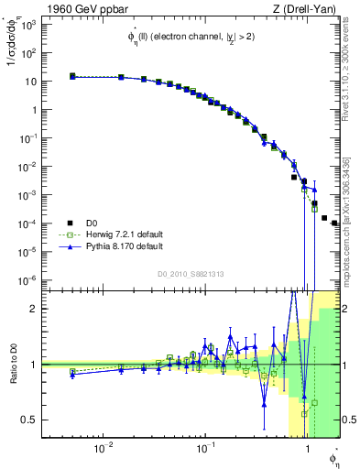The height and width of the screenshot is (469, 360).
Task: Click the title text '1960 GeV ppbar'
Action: [x=79, y=9]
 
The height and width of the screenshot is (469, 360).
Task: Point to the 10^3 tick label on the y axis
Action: [x=30, y=25]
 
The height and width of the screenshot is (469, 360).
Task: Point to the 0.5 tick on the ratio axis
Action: [x=31, y=420]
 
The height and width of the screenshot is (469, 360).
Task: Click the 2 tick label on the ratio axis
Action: [x=36, y=309]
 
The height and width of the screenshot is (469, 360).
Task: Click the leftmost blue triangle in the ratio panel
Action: [x=72, y=374]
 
